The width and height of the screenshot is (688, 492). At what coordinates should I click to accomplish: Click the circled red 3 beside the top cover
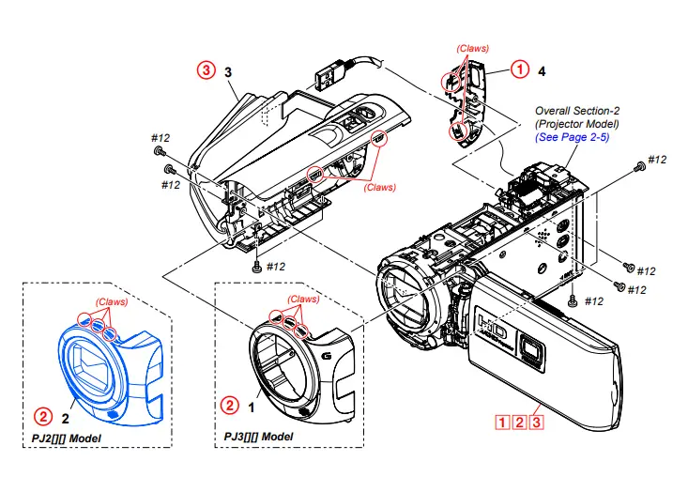coord(205,69)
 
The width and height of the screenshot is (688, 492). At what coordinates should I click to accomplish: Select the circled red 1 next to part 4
coord(518,69)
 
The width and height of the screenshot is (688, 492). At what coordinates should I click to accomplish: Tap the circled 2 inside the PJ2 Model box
coord(42,413)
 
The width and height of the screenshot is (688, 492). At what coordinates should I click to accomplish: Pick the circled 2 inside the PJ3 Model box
coord(229,406)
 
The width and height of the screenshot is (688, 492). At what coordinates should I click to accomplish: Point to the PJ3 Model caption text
coord(258,437)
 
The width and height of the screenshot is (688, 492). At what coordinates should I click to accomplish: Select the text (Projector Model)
coord(577,124)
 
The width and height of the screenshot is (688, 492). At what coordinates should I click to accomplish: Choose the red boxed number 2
coord(518,422)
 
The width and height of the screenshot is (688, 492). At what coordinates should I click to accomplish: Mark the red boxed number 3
coord(536,422)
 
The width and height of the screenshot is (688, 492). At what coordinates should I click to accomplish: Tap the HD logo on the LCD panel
coord(492,329)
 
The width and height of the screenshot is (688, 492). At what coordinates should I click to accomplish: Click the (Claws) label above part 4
coord(472,48)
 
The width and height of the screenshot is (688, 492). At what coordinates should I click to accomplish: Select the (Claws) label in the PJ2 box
coord(111,301)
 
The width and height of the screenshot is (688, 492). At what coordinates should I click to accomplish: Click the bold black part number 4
coord(542,70)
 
